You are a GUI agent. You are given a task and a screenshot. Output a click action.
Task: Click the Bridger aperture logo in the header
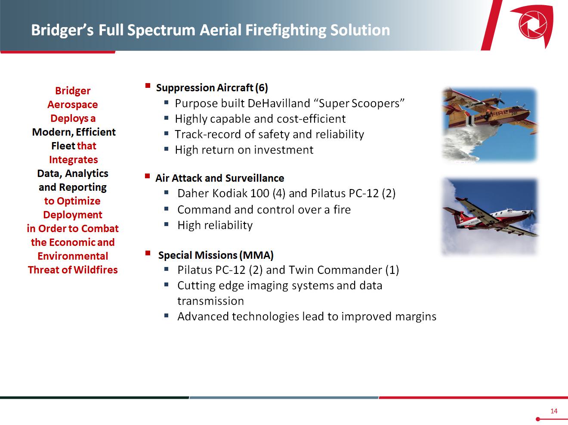pyautogui.click(x=533, y=25)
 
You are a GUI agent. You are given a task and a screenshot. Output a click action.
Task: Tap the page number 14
pyautogui.click(x=554, y=411)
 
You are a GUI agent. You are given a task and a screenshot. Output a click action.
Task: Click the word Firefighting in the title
pyautogui.click(x=285, y=30)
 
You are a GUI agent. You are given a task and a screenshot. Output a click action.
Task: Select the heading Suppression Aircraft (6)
pyautogui.click(x=212, y=88)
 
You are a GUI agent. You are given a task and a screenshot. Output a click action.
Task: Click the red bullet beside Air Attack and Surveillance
pyautogui.click(x=148, y=176)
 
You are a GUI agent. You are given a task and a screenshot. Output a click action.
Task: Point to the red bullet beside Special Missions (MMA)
pyautogui.click(x=148, y=253)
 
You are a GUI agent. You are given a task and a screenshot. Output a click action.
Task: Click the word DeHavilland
pyautogui.click(x=279, y=103)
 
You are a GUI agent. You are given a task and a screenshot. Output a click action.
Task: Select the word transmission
pyautogui.click(x=211, y=301)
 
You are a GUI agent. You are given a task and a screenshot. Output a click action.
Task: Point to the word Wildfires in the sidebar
pyautogui.click(x=96, y=270)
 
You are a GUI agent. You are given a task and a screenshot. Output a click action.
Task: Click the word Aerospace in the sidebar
pyautogui.click(x=73, y=105)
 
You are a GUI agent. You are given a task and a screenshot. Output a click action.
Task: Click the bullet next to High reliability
pyautogui.click(x=167, y=224)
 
